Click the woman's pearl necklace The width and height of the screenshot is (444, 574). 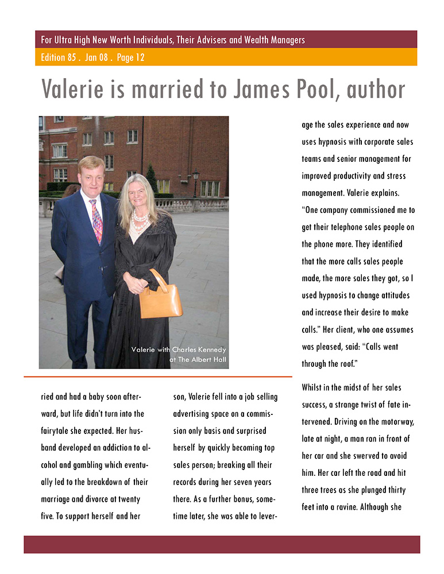click(140, 221)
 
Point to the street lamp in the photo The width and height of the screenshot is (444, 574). click(195, 178)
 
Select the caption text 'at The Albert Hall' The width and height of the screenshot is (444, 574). click(198, 360)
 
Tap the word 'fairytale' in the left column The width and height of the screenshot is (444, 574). click(61, 430)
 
